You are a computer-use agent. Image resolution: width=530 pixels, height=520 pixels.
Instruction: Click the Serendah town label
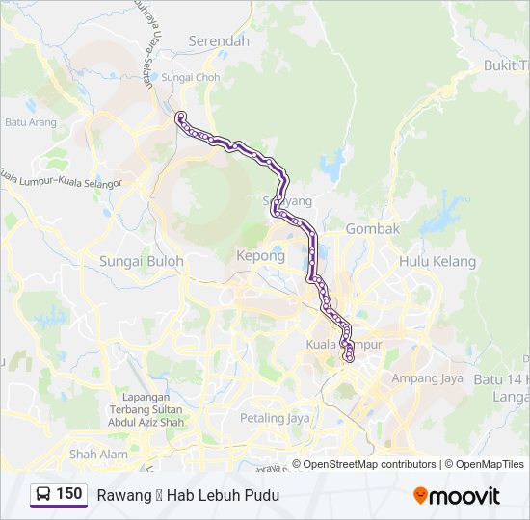[x=219, y=41]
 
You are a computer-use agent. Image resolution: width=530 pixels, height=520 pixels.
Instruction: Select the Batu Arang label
[x=29, y=122]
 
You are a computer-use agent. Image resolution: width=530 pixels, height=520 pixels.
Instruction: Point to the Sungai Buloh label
[x=141, y=260]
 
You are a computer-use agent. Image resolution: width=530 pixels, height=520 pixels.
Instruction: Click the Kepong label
[x=260, y=256]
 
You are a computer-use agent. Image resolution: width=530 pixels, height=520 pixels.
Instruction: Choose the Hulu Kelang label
[x=437, y=261]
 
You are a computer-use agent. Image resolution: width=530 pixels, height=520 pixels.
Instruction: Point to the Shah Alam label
[x=98, y=454]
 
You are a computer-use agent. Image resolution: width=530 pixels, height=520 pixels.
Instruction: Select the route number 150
[x=69, y=494]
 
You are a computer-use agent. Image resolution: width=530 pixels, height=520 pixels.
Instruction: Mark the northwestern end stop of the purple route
[x=179, y=117]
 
